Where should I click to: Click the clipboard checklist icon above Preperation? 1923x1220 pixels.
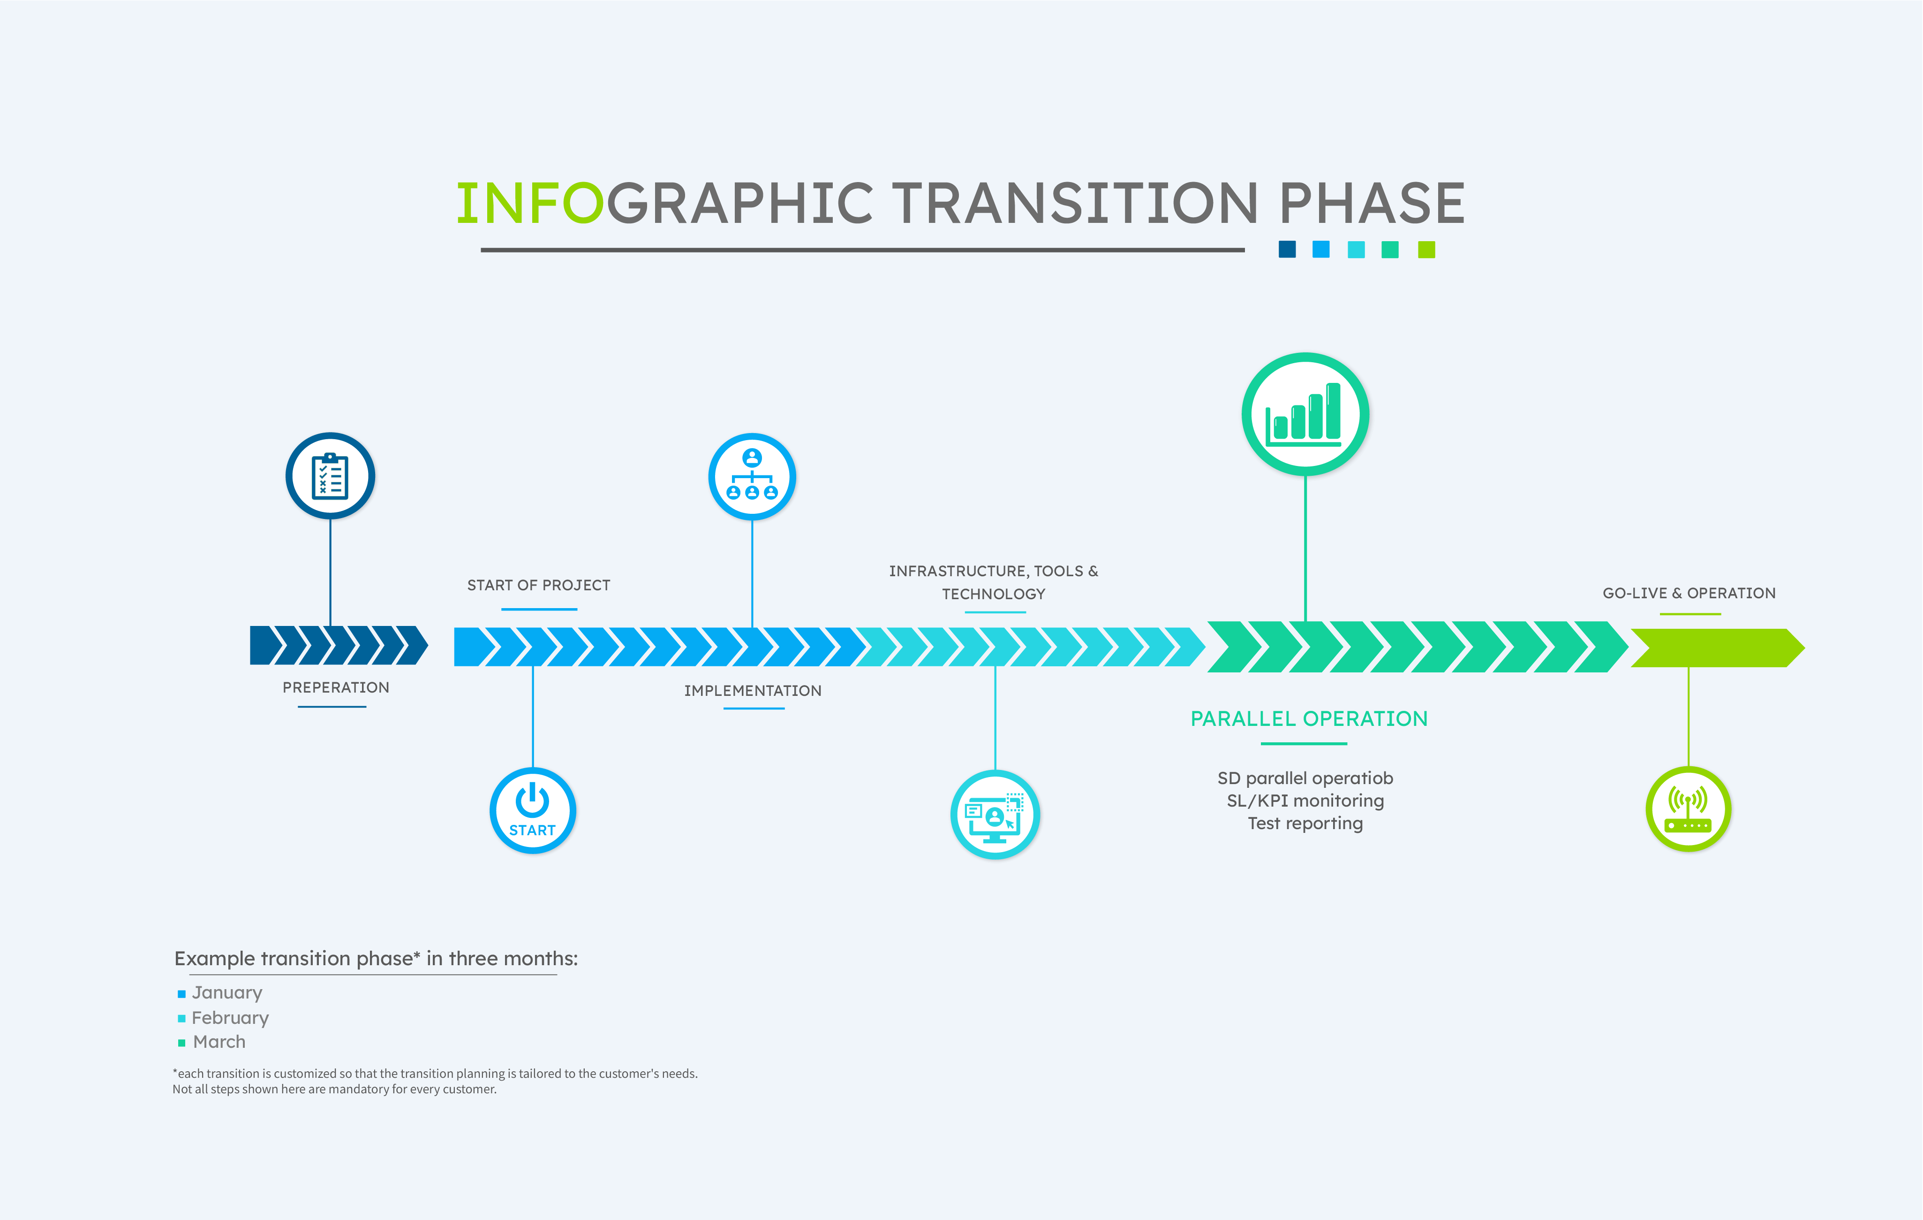(330, 476)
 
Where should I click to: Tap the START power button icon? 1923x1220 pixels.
(533, 810)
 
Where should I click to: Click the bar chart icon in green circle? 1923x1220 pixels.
(1305, 414)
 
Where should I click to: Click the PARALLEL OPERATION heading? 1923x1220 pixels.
(1309, 719)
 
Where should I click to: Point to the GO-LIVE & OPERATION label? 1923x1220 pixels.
(1689, 593)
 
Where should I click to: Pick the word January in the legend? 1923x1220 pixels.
(227, 993)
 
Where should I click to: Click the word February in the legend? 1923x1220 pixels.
(230, 1018)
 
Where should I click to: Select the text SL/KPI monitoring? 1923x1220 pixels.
(1305, 801)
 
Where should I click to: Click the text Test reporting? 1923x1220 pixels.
(1305, 823)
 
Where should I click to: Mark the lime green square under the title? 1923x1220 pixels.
(1426, 250)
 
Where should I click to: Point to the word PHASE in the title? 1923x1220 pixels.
(1371, 203)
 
